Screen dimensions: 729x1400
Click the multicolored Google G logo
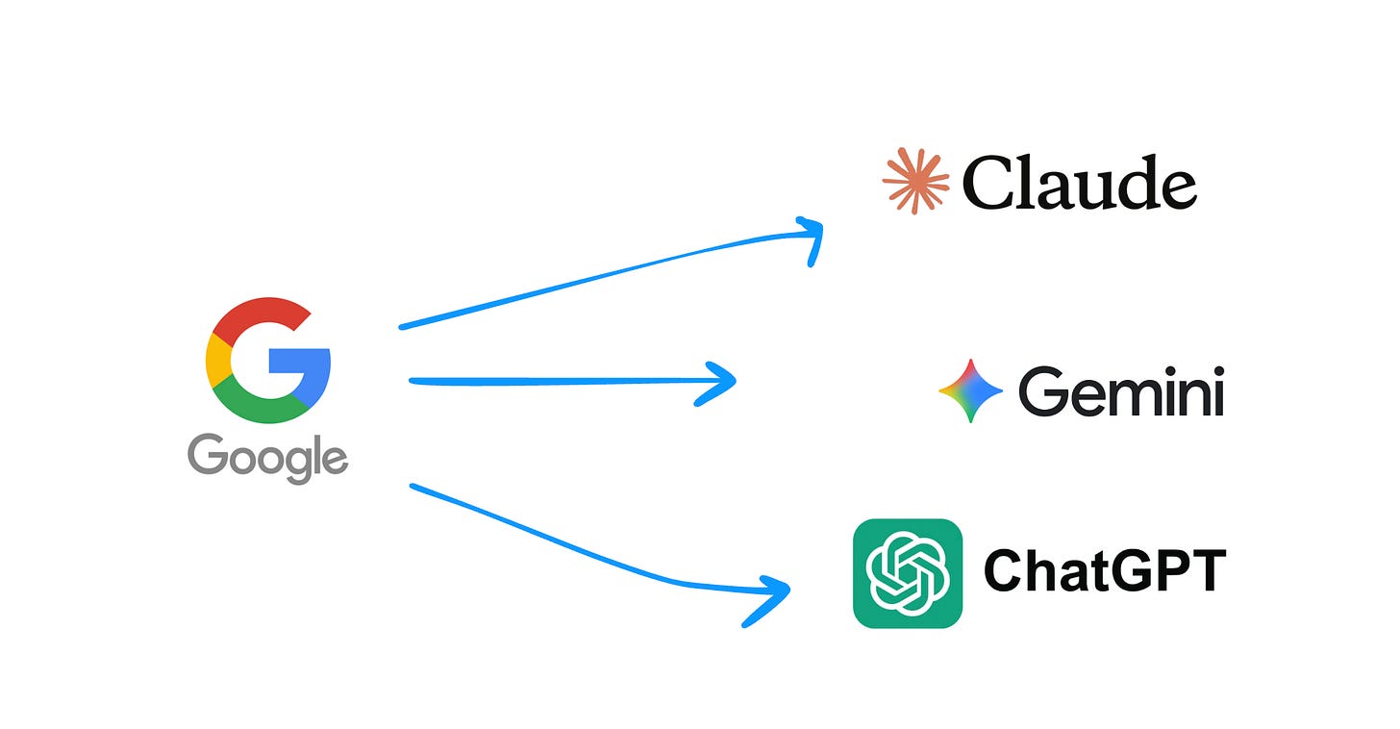(x=268, y=361)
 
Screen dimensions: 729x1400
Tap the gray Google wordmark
(x=267, y=457)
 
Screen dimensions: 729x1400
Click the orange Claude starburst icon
(x=914, y=181)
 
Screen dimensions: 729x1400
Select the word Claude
(x=1079, y=183)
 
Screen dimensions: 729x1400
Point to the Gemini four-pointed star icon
(x=970, y=390)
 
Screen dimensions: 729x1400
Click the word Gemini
(x=1120, y=392)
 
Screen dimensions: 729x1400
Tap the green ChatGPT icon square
(x=907, y=573)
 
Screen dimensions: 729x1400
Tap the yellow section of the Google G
(x=216, y=361)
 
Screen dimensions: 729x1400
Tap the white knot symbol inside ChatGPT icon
(x=907, y=573)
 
